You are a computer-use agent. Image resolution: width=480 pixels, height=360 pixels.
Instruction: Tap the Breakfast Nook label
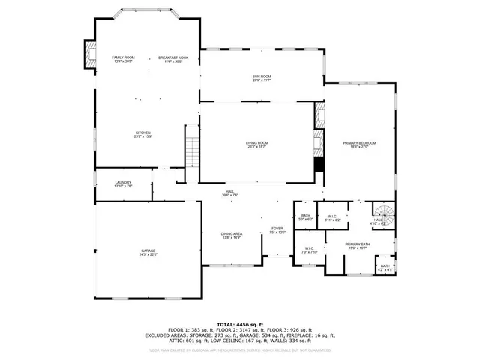coord(173,59)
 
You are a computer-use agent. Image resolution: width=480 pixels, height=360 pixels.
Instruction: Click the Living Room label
coord(257,144)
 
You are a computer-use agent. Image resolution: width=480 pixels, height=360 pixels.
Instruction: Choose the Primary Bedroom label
coord(359,144)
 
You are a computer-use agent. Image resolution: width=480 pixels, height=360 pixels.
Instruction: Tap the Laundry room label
coord(123,184)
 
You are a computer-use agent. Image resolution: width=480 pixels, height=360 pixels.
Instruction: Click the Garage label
coord(148,252)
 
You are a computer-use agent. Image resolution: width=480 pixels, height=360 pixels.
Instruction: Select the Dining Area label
coord(232,235)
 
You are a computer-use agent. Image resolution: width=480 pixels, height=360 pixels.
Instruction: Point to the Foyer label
coord(277,230)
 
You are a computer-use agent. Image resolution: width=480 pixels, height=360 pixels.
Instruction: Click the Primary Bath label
coord(358,246)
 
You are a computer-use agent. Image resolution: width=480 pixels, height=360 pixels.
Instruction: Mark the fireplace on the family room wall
coord(90,54)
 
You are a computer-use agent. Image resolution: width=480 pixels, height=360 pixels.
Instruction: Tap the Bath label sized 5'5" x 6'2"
coord(305,218)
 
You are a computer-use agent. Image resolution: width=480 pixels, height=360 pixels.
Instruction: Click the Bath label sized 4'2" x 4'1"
coord(385,267)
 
